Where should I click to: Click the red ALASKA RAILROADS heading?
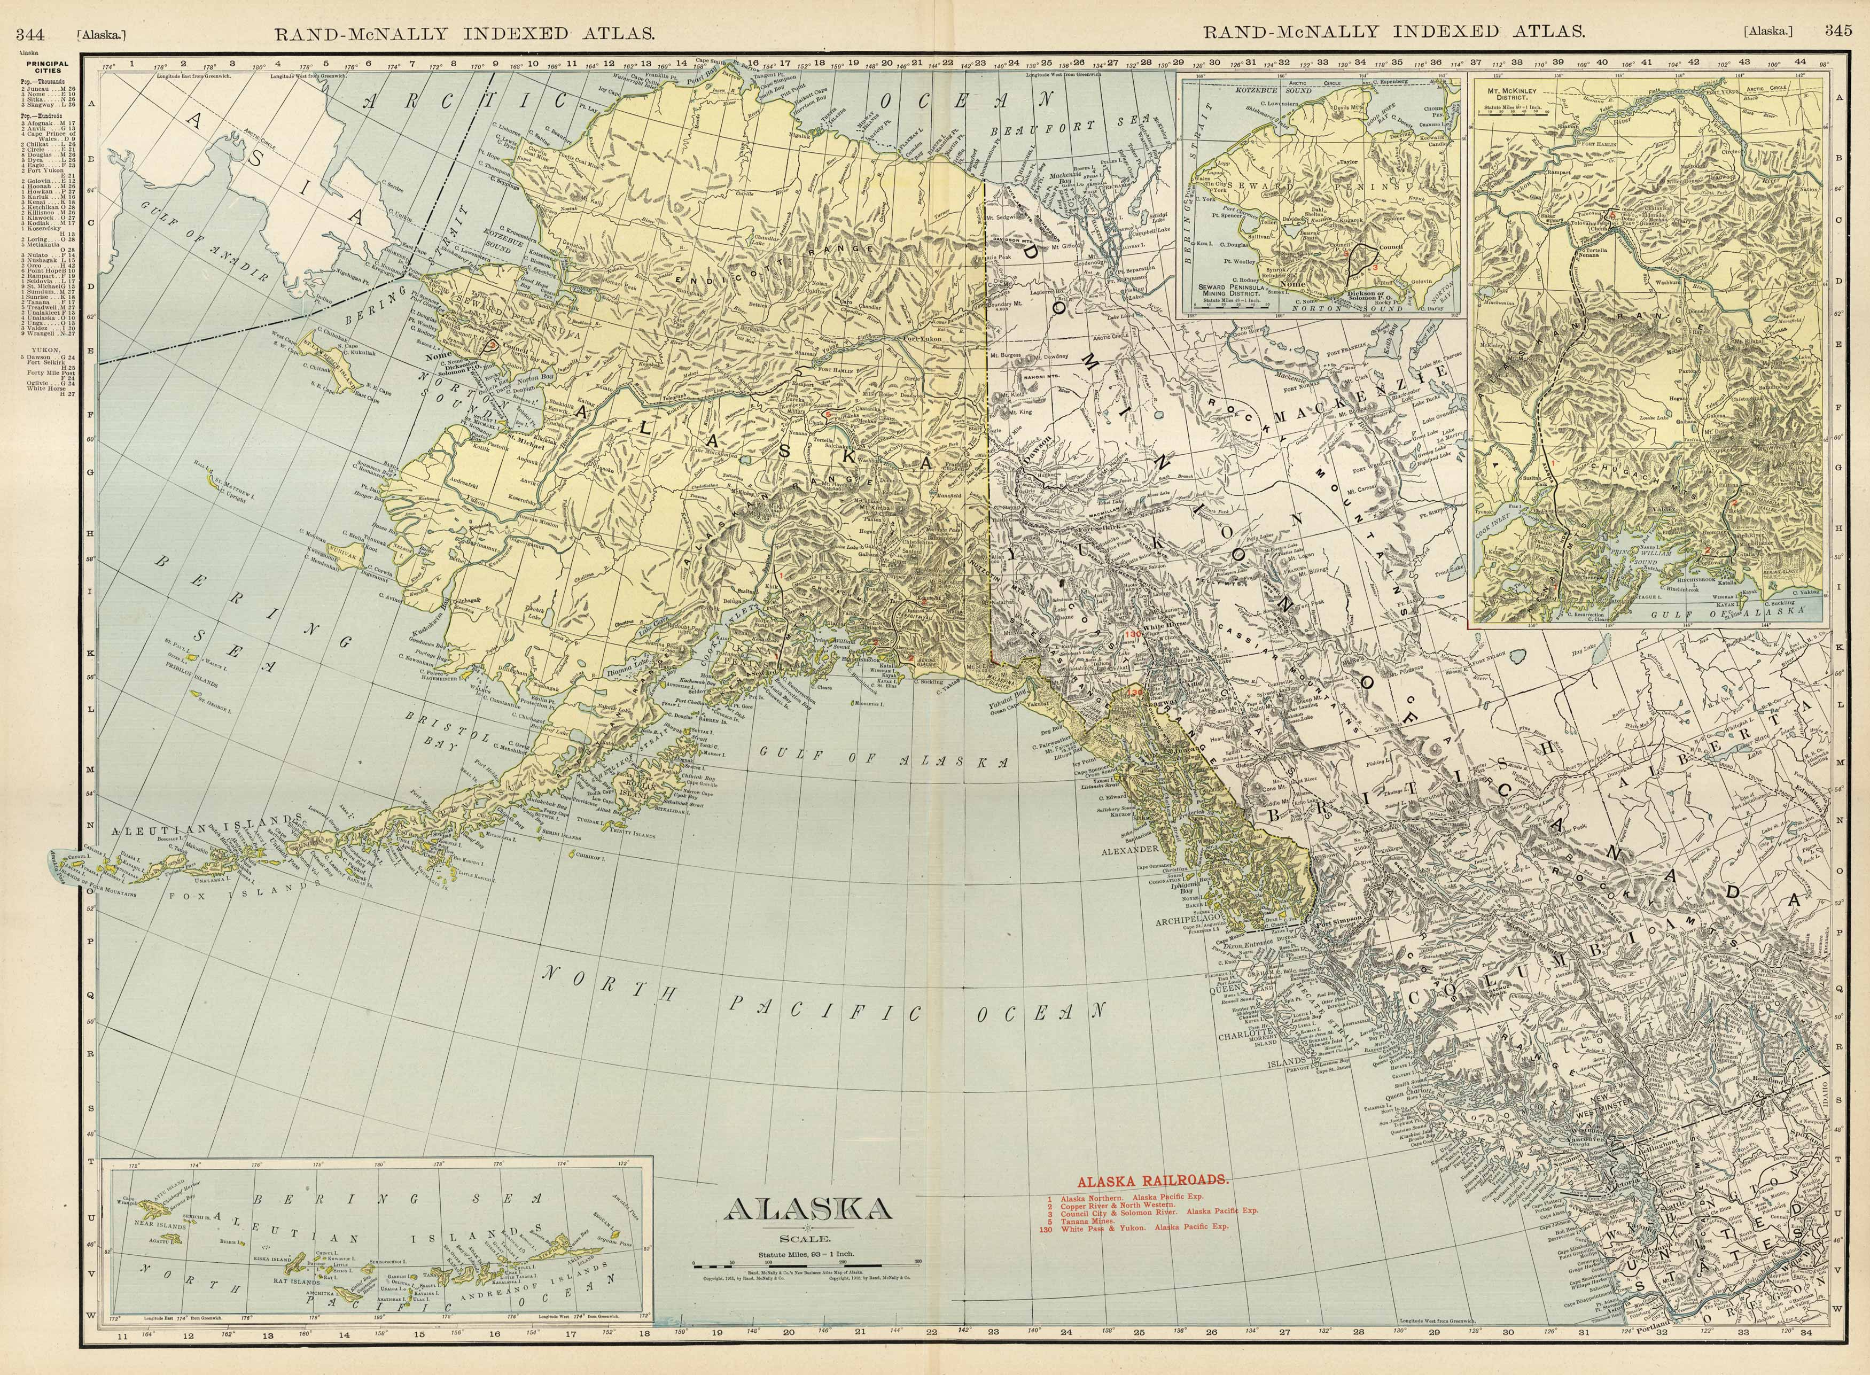(1152, 1180)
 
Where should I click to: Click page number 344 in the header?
(30, 33)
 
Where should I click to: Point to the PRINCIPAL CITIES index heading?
(48, 67)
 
